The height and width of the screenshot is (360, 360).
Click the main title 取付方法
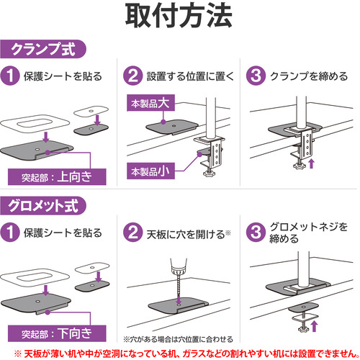(x=179, y=17)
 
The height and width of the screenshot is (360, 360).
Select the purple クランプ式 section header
(x=43, y=49)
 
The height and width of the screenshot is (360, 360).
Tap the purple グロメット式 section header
(x=43, y=206)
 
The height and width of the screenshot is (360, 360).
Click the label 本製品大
(x=150, y=103)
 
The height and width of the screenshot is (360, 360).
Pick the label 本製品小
(x=150, y=171)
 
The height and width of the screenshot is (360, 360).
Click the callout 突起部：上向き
(x=57, y=177)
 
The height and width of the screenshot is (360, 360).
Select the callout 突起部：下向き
(x=57, y=333)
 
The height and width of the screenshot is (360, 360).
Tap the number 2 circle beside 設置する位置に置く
(x=133, y=76)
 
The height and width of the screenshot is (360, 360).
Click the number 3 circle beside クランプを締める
(x=256, y=76)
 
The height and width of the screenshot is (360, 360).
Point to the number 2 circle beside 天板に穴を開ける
(x=133, y=233)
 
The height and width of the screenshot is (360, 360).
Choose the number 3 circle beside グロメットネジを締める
(x=256, y=233)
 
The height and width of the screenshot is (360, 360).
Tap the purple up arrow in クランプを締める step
(x=311, y=163)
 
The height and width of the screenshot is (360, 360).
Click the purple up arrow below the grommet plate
(x=314, y=326)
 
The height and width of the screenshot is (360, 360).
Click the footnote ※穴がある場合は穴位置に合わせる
(x=178, y=339)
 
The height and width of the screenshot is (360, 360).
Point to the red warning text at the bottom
(x=186, y=354)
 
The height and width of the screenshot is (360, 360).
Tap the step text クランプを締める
(x=309, y=76)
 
